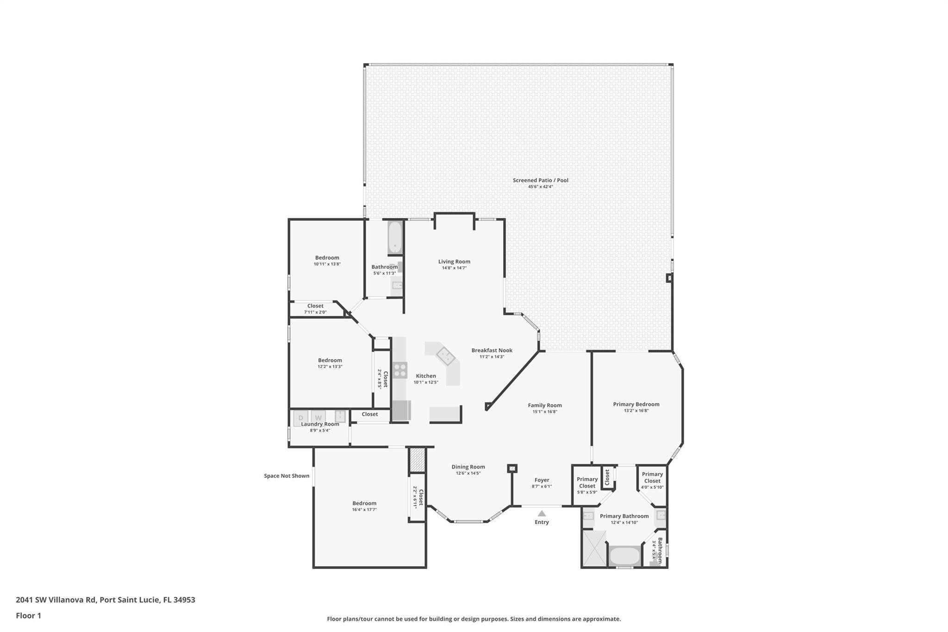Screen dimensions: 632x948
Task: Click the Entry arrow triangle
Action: click(x=542, y=513)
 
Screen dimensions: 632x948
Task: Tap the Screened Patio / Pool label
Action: click(x=540, y=180)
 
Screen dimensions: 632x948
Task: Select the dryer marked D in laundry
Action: click(x=300, y=418)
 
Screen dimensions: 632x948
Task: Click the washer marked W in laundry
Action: click(x=318, y=418)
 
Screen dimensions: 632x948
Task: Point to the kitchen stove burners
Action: click(x=399, y=370)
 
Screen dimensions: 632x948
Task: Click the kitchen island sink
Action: click(x=445, y=356)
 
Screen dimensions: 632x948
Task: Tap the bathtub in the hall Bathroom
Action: click(x=395, y=238)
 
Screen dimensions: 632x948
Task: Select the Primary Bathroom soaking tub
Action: click(x=624, y=556)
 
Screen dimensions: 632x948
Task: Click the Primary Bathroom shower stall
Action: click(x=593, y=548)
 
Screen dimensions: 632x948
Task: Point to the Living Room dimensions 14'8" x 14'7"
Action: click(x=454, y=268)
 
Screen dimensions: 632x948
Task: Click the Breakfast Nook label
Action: click(x=492, y=350)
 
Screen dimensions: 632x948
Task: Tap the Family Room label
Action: click(x=544, y=405)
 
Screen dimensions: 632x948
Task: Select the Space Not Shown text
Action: click(x=287, y=476)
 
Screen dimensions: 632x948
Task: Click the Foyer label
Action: click(x=542, y=480)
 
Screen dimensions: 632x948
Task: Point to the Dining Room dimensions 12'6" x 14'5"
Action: click(x=468, y=473)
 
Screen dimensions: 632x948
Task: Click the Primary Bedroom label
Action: click(x=636, y=404)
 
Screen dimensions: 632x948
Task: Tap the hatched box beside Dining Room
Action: click(x=417, y=459)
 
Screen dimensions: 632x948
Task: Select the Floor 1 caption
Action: click(x=28, y=615)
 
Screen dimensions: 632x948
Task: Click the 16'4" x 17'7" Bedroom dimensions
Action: click(x=364, y=510)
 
